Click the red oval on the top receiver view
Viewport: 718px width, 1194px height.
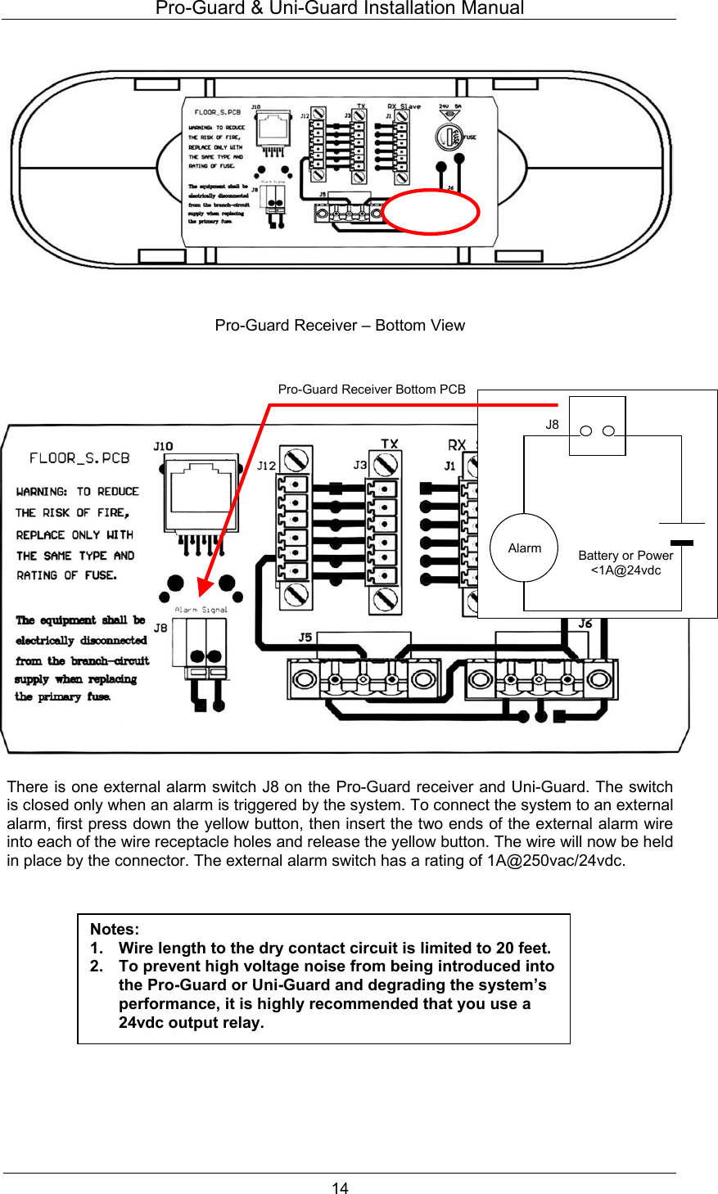tap(431, 212)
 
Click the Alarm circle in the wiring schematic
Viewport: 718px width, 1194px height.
tap(524, 547)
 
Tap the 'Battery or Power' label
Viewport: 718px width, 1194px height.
tap(625, 555)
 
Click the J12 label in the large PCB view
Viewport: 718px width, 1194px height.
tap(266, 466)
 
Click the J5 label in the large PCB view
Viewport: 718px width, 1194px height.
tap(305, 637)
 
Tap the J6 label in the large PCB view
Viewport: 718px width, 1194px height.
tap(585, 624)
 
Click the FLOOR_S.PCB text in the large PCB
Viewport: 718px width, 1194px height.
tap(79, 458)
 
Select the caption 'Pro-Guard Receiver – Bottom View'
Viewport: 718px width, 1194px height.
tap(340, 325)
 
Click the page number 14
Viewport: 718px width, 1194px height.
tap(340, 1187)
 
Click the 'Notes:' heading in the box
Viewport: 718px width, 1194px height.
tap(115, 929)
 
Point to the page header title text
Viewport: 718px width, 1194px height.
tap(340, 8)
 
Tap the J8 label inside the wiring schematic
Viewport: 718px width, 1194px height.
tap(553, 424)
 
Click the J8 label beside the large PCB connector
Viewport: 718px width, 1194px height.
tap(160, 628)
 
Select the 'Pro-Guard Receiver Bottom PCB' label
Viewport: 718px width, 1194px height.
tap(372, 390)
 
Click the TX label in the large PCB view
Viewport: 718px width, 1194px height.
tap(390, 444)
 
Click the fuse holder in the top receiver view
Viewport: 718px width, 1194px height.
tap(449, 136)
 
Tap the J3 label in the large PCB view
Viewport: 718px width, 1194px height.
tap(359, 465)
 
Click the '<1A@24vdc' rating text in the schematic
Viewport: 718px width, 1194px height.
tap(625, 570)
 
